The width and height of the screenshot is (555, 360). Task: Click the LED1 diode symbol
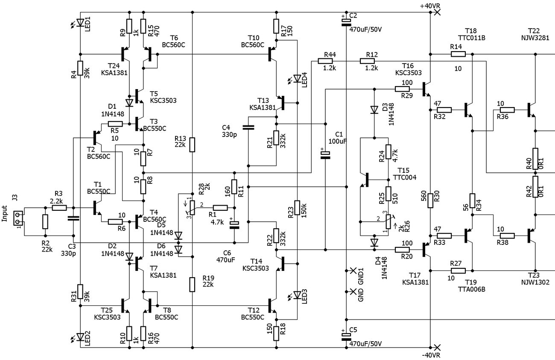click(80, 23)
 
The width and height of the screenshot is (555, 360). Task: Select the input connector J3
click(18, 218)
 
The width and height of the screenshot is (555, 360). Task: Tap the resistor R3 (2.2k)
click(59, 208)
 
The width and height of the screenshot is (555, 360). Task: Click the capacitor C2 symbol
click(346, 22)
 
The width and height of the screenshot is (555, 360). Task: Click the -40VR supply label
click(431, 355)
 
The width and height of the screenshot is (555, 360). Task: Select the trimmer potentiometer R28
click(192, 207)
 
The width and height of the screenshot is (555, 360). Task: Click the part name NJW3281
click(535, 38)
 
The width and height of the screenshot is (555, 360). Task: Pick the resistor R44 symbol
click(325, 61)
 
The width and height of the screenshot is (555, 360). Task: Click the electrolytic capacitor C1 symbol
click(325, 155)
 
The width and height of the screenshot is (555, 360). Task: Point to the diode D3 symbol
click(374, 110)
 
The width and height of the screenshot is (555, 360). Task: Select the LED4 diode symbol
click(297, 78)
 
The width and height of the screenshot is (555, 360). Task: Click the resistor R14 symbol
click(458, 54)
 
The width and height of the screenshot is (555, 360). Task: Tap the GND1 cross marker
click(353, 270)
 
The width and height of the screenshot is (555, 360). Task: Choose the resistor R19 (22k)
click(192, 285)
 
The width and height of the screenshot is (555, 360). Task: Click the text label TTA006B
click(471, 289)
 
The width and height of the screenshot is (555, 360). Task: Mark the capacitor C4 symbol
click(248, 128)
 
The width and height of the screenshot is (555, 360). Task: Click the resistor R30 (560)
click(430, 200)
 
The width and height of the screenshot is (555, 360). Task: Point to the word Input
click(4, 213)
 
